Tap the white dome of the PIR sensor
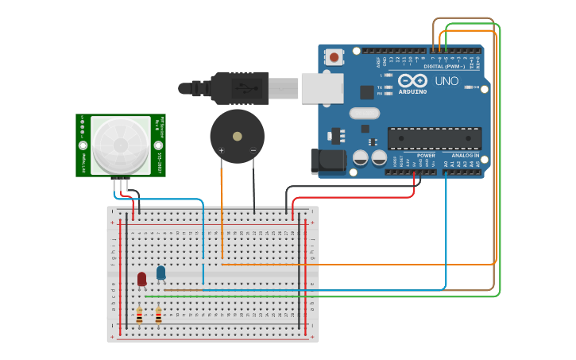pos(121,145)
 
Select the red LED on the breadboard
pos(141,279)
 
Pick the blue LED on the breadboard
pos(160,273)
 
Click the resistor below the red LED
pos(139,315)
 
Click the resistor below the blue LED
pos(158,315)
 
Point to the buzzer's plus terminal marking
pos(222,150)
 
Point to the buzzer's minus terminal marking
pos(253,150)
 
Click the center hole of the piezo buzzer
pos(237,136)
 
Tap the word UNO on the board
pos(446,81)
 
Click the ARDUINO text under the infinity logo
pos(413,91)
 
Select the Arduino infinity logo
pos(412,80)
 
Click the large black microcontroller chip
pos(434,138)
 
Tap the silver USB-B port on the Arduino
pos(323,88)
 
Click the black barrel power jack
pos(328,161)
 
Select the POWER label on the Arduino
pos(426,155)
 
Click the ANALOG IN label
pos(465,155)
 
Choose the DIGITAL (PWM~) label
pos(445,66)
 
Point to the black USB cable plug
pos(239,87)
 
